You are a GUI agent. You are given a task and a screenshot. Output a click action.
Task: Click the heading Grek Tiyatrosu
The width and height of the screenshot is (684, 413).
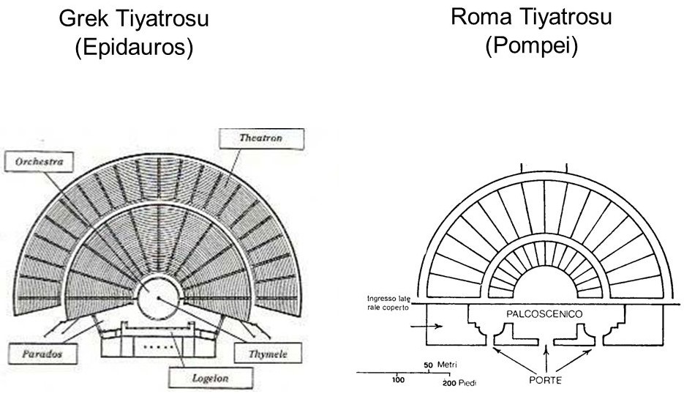[x=135, y=20]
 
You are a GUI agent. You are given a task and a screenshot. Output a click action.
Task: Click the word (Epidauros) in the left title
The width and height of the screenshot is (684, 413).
[x=135, y=48]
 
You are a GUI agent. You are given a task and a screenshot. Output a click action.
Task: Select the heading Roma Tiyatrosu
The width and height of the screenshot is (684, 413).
[x=531, y=17]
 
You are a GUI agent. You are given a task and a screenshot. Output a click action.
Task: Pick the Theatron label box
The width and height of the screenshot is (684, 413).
[x=260, y=137]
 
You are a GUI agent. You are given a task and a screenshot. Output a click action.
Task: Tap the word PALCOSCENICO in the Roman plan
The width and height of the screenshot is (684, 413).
[x=544, y=313]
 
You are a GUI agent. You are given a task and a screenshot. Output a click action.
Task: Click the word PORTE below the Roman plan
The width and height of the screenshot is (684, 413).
[x=544, y=380]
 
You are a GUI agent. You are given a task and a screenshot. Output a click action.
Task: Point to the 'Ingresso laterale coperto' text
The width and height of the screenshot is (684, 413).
[x=390, y=303]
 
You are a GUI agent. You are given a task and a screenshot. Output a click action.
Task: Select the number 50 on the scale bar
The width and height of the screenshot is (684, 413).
[x=429, y=365]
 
